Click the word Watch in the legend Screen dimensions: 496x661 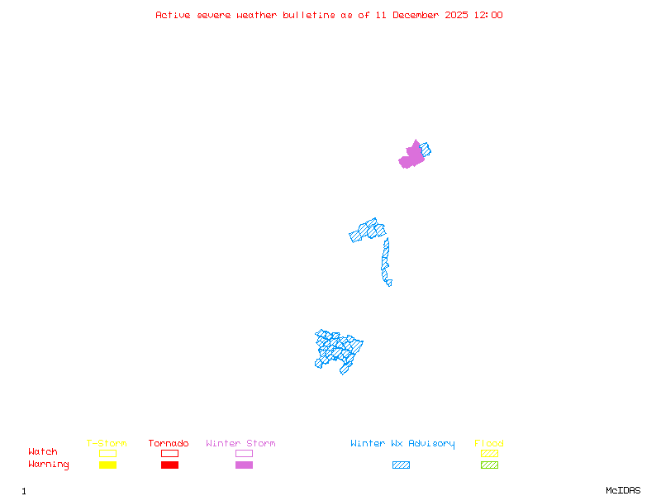(x=43, y=452)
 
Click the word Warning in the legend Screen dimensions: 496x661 (x=49, y=465)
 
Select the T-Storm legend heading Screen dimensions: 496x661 (x=107, y=444)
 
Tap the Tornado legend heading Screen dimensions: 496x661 (x=169, y=444)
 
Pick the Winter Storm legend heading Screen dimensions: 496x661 (x=240, y=444)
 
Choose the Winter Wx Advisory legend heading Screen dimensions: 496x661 (x=402, y=444)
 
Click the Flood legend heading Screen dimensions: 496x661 (x=489, y=444)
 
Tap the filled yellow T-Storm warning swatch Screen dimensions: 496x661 (x=107, y=465)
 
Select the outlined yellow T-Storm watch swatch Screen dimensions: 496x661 (x=107, y=453)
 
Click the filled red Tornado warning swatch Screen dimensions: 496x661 (x=169, y=465)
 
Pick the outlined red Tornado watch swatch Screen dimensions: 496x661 (x=169, y=453)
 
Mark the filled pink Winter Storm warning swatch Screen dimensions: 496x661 (x=244, y=465)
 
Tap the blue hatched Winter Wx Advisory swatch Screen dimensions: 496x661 (x=401, y=465)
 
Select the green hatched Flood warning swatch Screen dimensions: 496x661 (x=489, y=465)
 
